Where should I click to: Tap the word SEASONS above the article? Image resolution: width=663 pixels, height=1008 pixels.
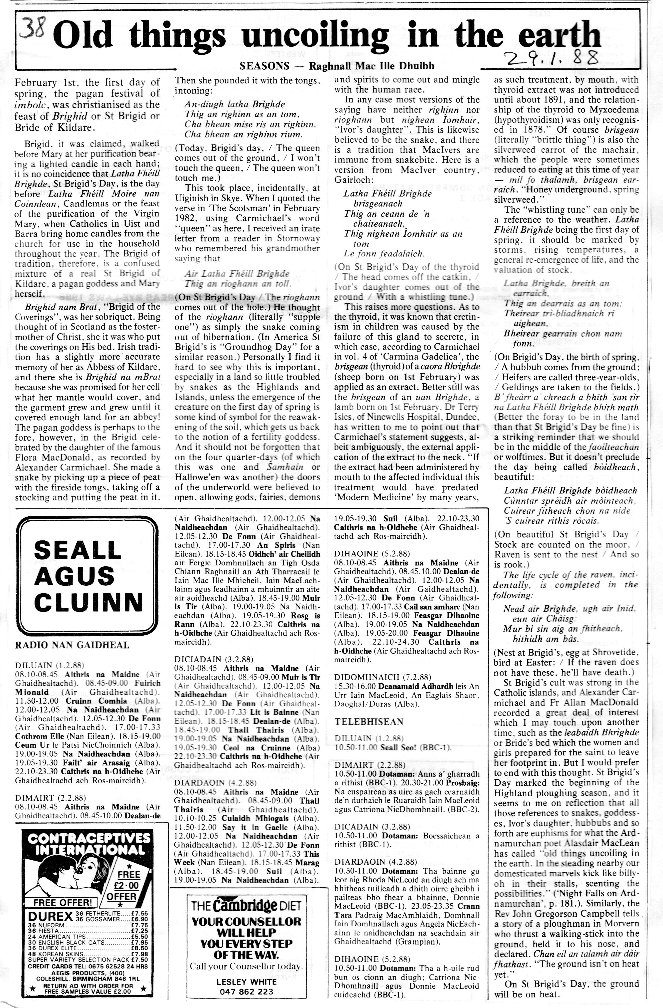pyautogui.click(x=264, y=66)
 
